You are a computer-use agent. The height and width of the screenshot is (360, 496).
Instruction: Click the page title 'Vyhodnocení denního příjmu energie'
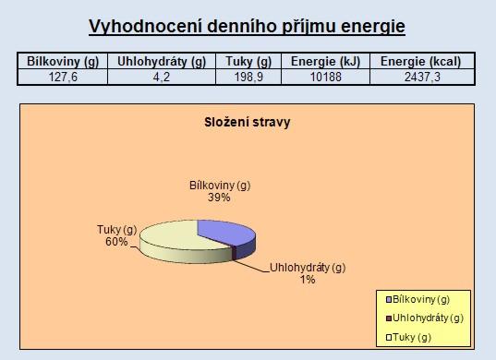[x=247, y=27]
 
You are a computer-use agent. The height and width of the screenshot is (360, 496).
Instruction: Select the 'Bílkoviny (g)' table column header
[x=63, y=61]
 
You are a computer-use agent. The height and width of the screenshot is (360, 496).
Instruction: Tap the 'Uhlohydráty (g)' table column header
[x=162, y=61]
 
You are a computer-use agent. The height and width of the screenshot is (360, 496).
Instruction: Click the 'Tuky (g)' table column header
[x=248, y=61]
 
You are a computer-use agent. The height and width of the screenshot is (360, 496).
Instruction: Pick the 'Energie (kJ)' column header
[x=325, y=61]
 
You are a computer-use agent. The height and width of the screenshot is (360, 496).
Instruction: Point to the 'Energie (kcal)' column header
[x=420, y=61]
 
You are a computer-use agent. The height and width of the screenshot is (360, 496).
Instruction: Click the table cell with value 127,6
[x=63, y=77]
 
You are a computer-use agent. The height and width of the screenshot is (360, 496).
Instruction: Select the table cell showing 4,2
[x=162, y=77]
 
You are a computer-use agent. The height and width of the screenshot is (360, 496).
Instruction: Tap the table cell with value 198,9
[x=248, y=77]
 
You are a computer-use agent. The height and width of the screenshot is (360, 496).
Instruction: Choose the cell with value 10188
[x=325, y=77]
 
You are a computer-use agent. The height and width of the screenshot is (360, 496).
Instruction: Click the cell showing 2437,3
[x=422, y=77]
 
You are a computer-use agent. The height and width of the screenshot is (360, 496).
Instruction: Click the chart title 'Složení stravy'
[x=247, y=123]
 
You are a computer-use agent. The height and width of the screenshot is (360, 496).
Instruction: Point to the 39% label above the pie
[x=219, y=198]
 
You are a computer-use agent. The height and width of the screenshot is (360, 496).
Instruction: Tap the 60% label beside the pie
[x=116, y=242]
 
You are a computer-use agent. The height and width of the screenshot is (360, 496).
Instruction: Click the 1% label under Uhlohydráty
[x=308, y=280]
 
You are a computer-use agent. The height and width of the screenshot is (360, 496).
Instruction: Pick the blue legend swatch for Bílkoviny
[x=389, y=300]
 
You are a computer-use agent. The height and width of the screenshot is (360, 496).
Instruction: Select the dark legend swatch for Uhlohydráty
[x=389, y=318]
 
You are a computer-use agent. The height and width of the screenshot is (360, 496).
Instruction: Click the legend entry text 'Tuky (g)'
[x=412, y=338]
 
